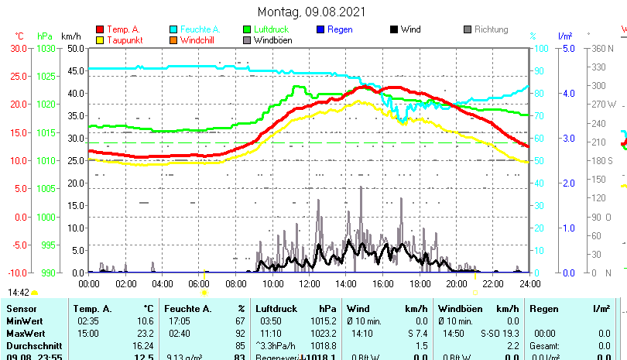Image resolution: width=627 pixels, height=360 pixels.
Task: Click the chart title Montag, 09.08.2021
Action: [313, 12]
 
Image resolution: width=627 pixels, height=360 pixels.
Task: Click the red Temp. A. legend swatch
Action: [100, 29]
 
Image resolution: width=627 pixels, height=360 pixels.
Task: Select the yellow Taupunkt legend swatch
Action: [100, 40]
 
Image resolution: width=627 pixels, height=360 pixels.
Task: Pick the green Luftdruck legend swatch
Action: [247, 29]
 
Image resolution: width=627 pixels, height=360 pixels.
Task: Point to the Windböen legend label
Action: [272, 40]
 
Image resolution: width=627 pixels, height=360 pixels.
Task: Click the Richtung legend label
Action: [492, 29]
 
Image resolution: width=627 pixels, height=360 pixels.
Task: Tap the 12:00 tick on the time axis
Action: [309, 283]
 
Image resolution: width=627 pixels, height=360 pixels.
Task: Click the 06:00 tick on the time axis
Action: [199, 283]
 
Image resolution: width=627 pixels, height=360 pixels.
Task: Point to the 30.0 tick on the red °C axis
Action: [19, 48]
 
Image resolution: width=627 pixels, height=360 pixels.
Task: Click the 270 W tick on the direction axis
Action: [604, 104]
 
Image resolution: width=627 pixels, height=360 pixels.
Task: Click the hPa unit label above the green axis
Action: [45, 36]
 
